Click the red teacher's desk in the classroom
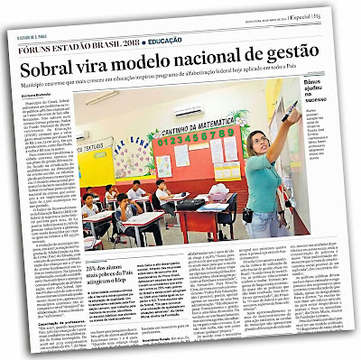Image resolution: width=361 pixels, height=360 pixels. click(209, 217)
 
